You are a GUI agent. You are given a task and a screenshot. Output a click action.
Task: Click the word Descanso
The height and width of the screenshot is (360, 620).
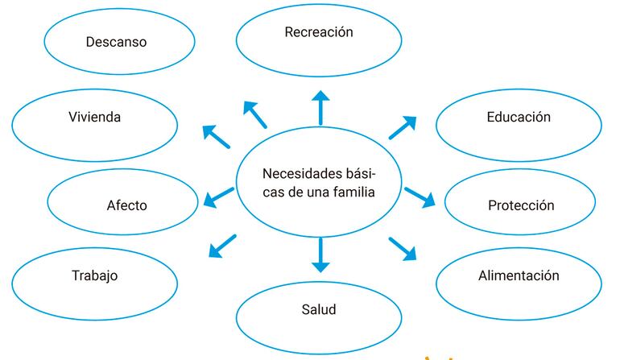tap(117, 41)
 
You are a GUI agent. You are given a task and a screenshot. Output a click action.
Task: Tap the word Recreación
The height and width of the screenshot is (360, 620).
tap(319, 32)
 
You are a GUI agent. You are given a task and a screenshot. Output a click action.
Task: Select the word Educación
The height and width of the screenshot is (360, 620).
tap(519, 117)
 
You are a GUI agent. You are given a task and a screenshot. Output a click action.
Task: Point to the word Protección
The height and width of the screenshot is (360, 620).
tap(521, 205)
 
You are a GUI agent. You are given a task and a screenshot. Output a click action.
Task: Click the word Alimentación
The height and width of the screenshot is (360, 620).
tap(519, 275)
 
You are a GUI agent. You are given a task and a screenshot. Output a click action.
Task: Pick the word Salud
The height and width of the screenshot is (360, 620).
tap(319, 309)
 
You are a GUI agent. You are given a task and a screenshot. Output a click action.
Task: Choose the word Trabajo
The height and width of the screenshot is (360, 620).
tap(95, 275)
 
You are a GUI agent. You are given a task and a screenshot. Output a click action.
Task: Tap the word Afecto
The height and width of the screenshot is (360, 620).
tap(127, 205)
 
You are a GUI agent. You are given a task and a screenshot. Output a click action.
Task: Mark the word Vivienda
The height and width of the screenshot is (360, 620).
tap(95, 117)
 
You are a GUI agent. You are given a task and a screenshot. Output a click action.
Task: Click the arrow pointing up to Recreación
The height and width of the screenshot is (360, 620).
tap(320, 108)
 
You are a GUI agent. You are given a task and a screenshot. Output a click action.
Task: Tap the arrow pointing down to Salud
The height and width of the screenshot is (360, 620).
tap(320, 255)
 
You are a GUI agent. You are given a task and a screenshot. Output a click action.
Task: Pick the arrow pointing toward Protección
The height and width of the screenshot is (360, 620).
tap(420, 196)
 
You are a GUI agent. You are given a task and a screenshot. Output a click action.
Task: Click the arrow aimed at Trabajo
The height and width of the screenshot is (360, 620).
tap(222, 246)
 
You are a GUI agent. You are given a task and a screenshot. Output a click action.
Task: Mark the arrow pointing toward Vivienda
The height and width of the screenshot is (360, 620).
tap(216, 137)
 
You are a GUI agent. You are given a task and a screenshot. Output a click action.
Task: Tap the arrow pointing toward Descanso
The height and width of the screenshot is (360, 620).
tap(255, 115)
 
